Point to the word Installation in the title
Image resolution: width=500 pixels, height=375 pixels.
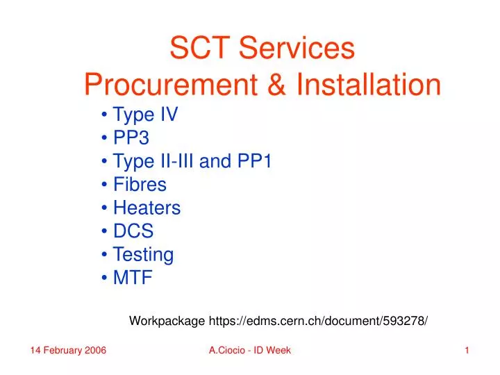[x=369, y=85]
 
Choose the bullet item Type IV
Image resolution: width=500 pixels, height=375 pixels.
[x=145, y=115]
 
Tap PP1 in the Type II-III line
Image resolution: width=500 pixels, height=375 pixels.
[x=257, y=162]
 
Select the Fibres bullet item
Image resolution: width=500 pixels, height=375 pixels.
[x=140, y=185]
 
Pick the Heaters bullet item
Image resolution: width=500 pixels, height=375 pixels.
[x=147, y=208]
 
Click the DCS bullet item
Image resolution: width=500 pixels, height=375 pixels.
[x=133, y=231]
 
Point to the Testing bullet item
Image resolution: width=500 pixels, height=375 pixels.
[x=143, y=255]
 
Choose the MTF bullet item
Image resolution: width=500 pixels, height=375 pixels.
[x=132, y=278]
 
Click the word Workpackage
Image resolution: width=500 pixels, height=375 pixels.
[x=167, y=321]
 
